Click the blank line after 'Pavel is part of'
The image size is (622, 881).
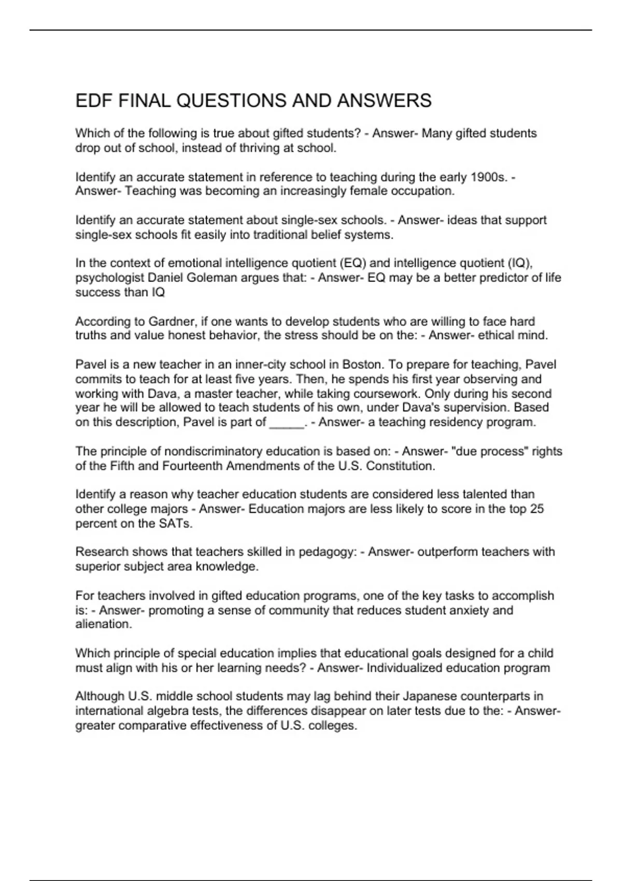[287, 422]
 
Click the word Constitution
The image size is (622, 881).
[399, 466]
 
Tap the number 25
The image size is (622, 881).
[537, 509]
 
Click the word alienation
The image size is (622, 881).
[103, 624]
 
